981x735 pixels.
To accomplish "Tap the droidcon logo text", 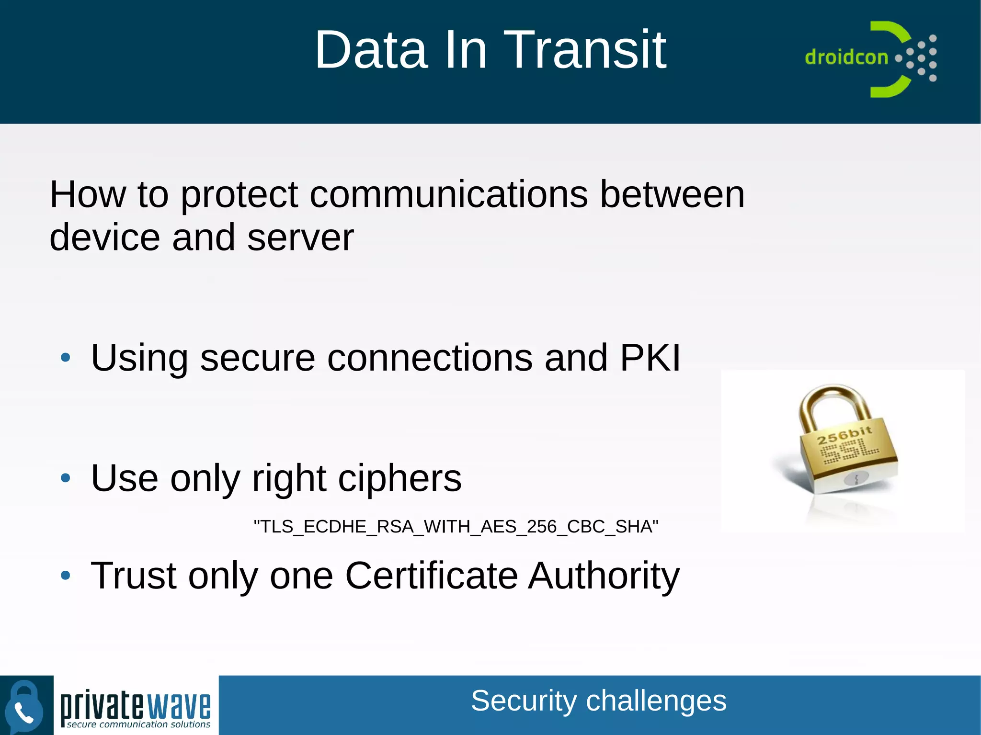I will pos(846,57).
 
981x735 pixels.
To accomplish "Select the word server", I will pos(300,237).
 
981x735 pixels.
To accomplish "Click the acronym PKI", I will pos(650,358).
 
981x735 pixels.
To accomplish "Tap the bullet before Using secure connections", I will pos(66,357).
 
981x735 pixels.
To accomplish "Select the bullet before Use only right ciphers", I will pos(66,478).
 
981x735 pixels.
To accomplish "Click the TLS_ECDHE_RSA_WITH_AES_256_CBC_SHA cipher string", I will pos(456,527).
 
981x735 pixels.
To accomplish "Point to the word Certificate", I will pos(431,575).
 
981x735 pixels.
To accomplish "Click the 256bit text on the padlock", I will pos(844,435).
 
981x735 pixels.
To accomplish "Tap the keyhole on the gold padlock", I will pos(856,478).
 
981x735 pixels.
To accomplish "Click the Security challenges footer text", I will pos(598,701).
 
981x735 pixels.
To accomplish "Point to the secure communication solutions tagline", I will pos(138,724).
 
